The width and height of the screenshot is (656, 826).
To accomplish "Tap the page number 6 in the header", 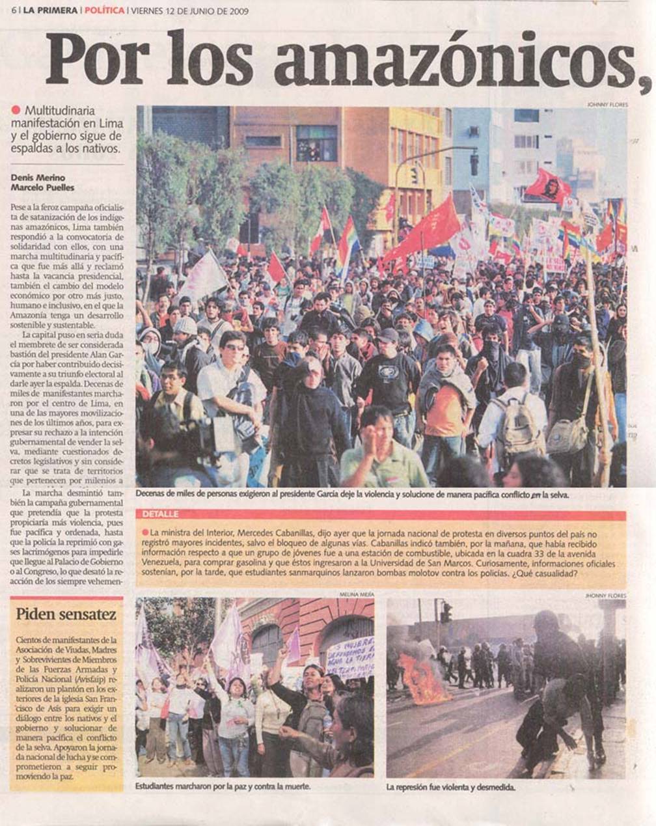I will [x=12, y=11].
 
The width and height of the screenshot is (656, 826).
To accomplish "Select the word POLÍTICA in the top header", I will [x=104, y=11].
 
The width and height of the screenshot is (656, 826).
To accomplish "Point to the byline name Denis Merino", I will [x=38, y=178].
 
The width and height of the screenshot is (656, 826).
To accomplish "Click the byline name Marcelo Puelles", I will [x=42, y=187].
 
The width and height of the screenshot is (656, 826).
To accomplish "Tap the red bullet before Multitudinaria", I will [x=16, y=110].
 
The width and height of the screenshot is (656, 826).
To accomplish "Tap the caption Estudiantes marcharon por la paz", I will [x=223, y=786].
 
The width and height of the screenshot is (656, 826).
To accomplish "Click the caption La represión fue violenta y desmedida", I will [x=450, y=787].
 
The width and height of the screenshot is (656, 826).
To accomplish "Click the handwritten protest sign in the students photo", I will [x=349, y=656].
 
